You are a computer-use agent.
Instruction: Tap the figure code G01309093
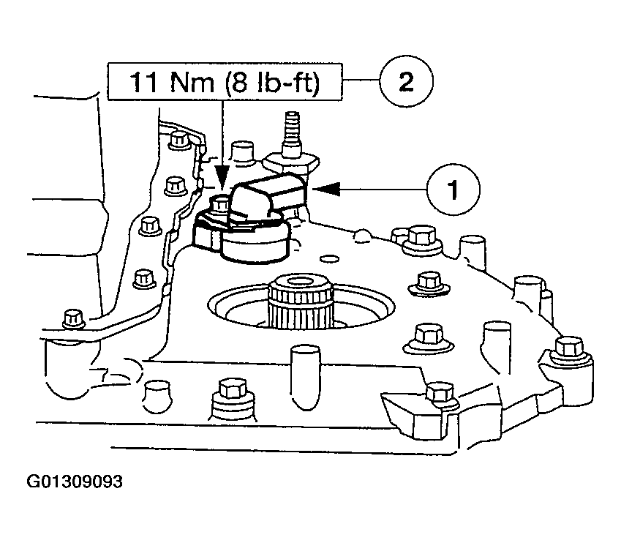[75, 482]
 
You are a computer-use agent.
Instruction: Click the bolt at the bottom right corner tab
[439, 393]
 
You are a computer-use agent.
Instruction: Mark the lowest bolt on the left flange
[72, 318]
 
